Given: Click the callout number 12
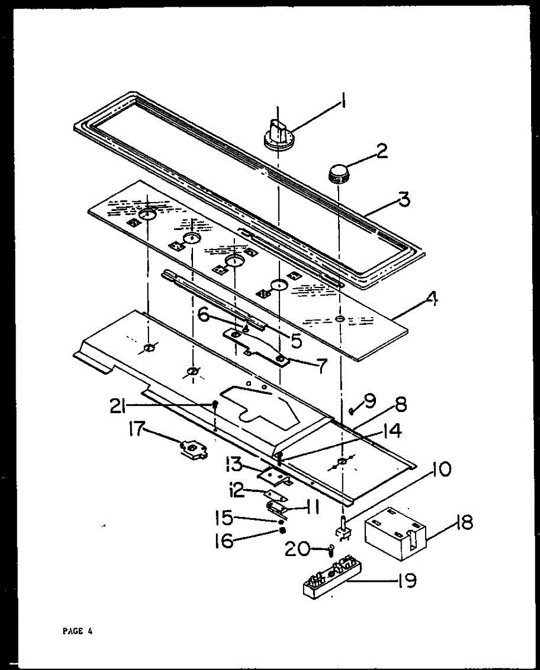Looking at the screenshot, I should [237, 491].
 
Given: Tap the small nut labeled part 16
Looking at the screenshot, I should [283, 530].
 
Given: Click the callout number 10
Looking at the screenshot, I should [440, 471].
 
